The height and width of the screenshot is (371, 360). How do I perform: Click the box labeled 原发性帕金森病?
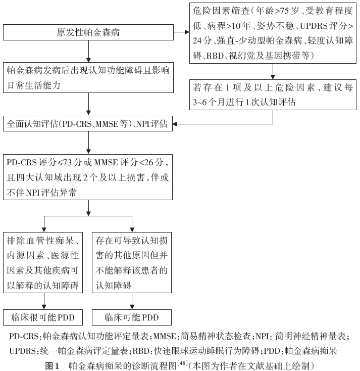coord(88,32)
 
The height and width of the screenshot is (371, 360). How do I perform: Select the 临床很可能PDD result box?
coord(43,317)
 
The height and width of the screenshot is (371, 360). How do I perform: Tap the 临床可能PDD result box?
coord(132,317)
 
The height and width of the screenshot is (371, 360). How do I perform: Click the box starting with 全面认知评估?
coord(88,123)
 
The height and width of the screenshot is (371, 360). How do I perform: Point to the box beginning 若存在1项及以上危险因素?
coord(273,95)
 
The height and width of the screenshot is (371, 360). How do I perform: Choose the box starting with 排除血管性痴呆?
coord(43,263)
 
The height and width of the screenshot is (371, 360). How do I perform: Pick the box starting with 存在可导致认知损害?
coord(132,263)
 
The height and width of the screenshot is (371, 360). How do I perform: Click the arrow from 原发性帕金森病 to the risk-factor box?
coord(181,32)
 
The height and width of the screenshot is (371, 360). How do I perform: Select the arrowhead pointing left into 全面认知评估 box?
coord(175,124)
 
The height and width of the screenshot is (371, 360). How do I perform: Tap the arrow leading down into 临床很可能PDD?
coord(44,301)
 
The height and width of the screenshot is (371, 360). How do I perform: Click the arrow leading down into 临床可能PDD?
coord(132,301)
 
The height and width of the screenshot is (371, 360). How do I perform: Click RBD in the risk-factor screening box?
coord(215,56)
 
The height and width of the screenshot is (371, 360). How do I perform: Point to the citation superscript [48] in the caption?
coord(182,363)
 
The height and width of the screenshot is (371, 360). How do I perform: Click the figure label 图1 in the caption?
coord(52,366)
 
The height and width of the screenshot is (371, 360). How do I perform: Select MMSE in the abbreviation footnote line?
coord(164,336)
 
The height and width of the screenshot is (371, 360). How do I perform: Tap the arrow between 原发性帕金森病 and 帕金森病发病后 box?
coord(88,52)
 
